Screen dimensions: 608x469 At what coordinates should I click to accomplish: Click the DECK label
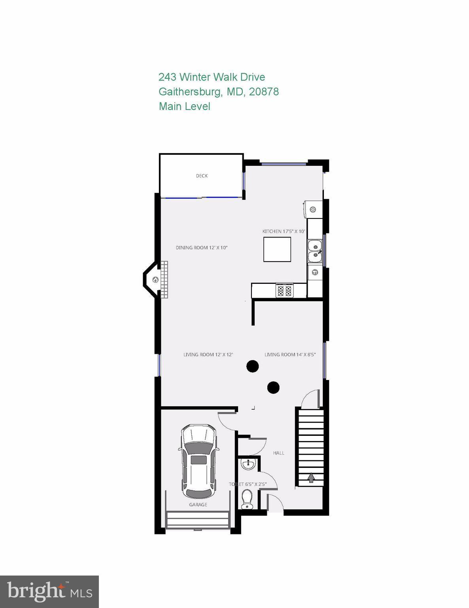tap(202, 176)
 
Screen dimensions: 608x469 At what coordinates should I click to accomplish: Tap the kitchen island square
tap(277, 249)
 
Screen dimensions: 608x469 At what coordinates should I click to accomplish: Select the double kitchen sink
tap(315, 251)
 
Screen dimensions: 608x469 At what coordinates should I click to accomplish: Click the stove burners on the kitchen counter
tap(284, 291)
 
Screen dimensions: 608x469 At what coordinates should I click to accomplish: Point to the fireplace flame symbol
tap(156, 280)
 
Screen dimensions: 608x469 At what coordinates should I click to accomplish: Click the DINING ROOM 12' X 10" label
tap(202, 248)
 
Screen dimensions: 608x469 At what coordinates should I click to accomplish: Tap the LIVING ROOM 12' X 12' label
tap(208, 355)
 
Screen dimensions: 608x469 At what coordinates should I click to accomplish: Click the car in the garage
tap(199, 461)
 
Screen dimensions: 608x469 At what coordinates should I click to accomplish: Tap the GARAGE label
tap(198, 505)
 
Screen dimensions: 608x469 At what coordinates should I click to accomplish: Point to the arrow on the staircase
tap(311, 478)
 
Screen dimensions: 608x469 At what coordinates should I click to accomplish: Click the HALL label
tap(279, 453)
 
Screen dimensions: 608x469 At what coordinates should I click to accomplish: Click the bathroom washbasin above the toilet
tap(248, 464)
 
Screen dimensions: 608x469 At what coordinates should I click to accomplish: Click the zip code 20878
tap(264, 92)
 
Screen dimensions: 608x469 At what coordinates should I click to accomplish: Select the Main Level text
tap(184, 106)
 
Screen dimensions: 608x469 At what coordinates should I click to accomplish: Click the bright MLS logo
tap(49, 592)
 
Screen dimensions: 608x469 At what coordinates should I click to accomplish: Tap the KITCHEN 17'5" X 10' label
tap(284, 232)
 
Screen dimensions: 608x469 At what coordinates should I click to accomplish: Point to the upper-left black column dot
tap(252, 366)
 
